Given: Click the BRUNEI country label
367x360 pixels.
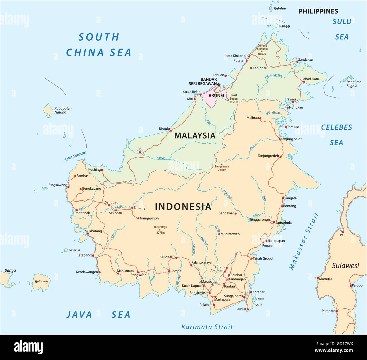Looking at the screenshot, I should (216, 96).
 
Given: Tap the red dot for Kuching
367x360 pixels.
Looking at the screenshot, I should (102, 170).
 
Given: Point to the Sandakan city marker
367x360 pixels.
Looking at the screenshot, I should (297, 62).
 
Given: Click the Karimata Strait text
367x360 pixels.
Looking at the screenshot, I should (207, 327).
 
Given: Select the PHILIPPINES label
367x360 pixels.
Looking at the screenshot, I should (318, 11).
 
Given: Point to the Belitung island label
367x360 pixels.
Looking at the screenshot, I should (41, 282).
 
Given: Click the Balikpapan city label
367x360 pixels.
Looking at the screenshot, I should (276, 241).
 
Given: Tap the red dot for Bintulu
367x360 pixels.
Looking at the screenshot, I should (171, 131).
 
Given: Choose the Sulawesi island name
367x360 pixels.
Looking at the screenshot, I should (345, 265).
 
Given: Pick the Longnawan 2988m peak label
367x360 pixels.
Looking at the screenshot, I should (222, 168).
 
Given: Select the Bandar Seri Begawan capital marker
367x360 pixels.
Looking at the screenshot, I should (219, 84).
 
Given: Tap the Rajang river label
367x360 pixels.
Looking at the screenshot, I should (161, 158).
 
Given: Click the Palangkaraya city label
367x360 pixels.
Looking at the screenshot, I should (201, 262).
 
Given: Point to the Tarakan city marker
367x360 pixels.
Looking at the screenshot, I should (285, 127).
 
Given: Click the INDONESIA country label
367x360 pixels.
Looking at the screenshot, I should (183, 207).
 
